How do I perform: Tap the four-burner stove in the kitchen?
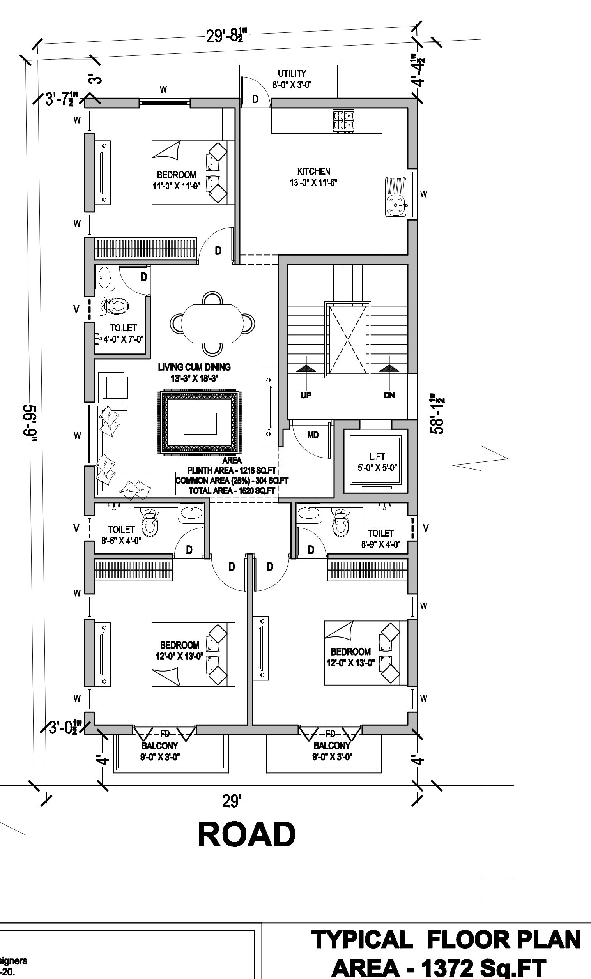[343, 120]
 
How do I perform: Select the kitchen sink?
[395, 197]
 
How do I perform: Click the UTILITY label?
[292, 74]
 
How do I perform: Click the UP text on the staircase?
[306, 395]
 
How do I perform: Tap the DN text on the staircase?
[389, 395]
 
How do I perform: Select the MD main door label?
[313, 435]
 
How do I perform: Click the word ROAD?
[246, 834]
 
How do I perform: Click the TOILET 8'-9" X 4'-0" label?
[381, 539]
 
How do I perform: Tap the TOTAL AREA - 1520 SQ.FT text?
[232, 491]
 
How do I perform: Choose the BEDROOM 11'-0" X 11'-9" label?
[177, 180]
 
